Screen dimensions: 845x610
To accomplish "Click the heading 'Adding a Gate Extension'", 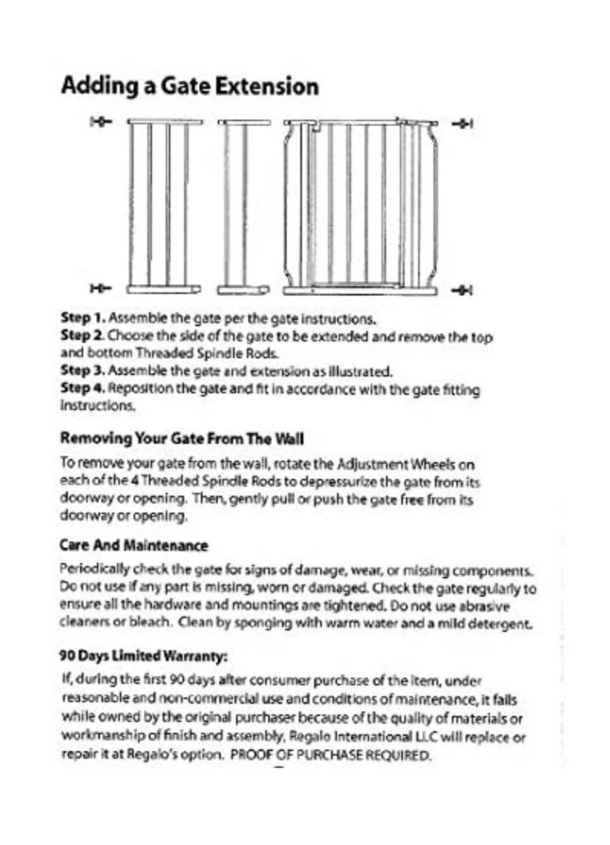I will pos(189,86).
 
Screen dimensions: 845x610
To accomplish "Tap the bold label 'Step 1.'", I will pos(83,318).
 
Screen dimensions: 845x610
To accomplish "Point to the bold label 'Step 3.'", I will pos(83,371).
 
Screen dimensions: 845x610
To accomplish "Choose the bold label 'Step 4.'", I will pos(83,388).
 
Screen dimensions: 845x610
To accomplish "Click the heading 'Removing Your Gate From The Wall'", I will pos(182,438).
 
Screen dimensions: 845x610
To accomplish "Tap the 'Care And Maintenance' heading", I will pos(134,545).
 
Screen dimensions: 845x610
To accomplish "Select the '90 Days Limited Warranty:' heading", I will pos(143,655).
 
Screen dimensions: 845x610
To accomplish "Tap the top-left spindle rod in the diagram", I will pos(101,122).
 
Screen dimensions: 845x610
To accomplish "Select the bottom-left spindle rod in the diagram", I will pos(101,288).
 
